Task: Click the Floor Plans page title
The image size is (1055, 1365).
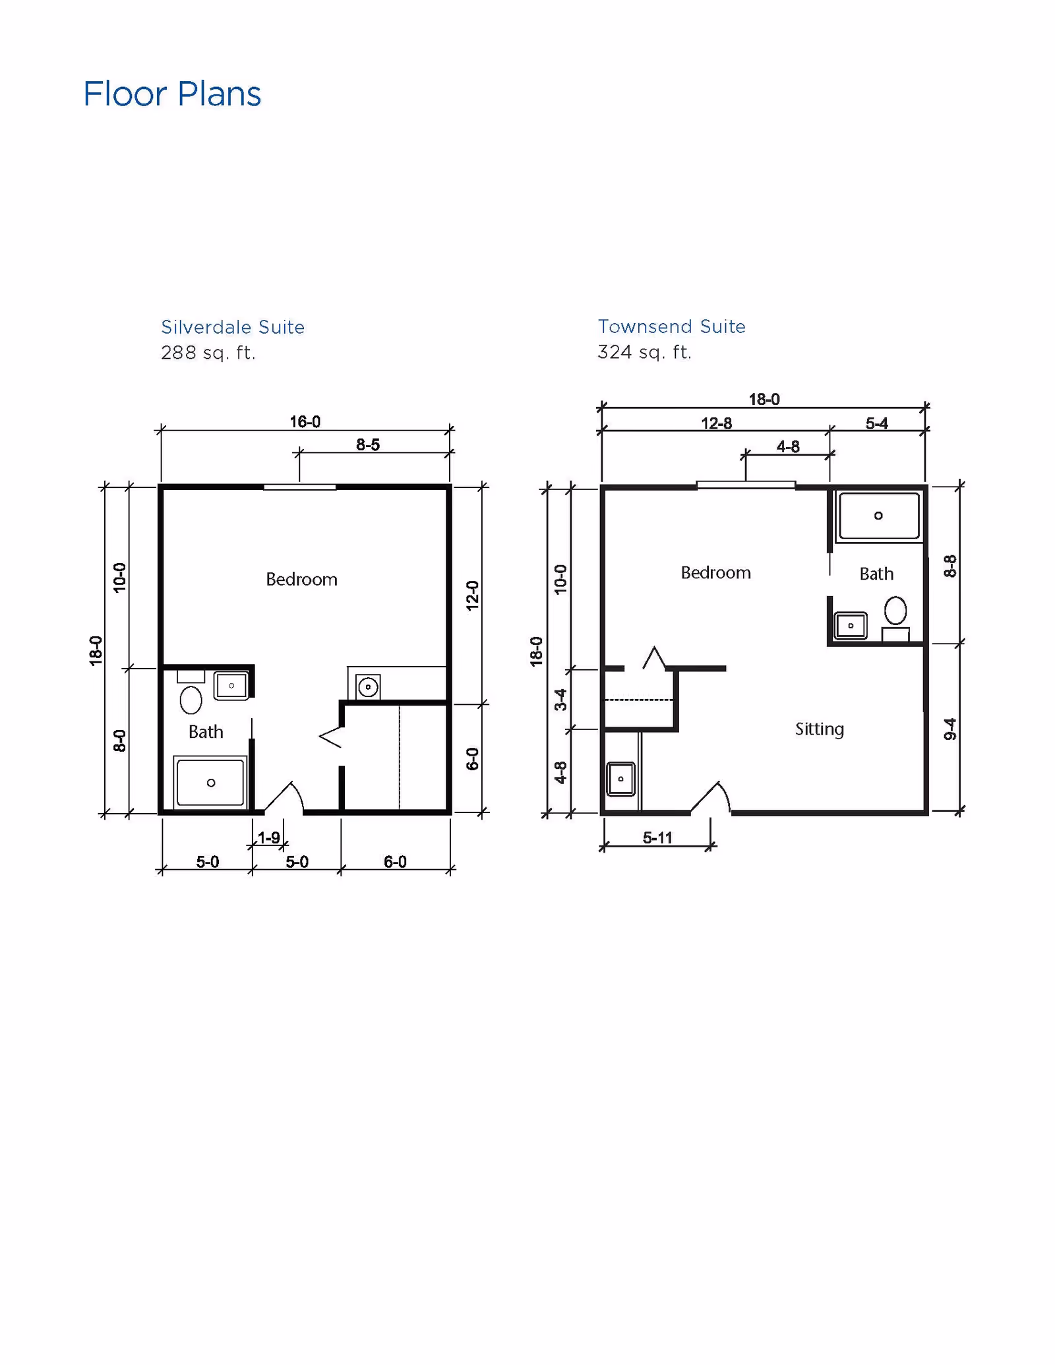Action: pyautogui.click(x=172, y=94)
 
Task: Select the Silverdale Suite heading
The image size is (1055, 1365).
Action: pyautogui.click(x=233, y=327)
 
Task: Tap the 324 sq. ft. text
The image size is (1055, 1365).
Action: pyautogui.click(x=644, y=352)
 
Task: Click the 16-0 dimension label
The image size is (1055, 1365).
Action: pyautogui.click(x=305, y=422)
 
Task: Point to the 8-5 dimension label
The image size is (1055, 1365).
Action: pyautogui.click(x=368, y=445)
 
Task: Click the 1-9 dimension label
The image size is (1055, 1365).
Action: pyautogui.click(x=268, y=837)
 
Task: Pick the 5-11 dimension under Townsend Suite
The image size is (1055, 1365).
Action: pyautogui.click(x=657, y=838)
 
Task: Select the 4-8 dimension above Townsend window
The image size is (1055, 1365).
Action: pyautogui.click(x=788, y=447)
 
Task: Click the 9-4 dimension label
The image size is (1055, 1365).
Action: pyautogui.click(x=950, y=729)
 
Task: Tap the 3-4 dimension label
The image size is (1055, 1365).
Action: pyautogui.click(x=560, y=699)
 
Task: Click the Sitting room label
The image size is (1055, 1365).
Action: pyautogui.click(x=819, y=729)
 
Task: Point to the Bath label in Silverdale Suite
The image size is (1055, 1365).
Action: pyautogui.click(x=206, y=732)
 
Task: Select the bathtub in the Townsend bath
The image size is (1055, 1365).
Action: pyautogui.click(x=878, y=516)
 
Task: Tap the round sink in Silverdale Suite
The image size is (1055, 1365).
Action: pyautogui.click(x=368, y=687)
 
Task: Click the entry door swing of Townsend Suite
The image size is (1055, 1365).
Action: pyautogui.click(x=713, y=797)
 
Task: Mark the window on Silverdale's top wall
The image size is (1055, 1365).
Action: pyautogui.click(x=300, y=487)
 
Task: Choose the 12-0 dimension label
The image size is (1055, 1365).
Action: pyautogui.click(x=472, y=595)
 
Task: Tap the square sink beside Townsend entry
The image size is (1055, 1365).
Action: pyautogui.click(x=620, y=779)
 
